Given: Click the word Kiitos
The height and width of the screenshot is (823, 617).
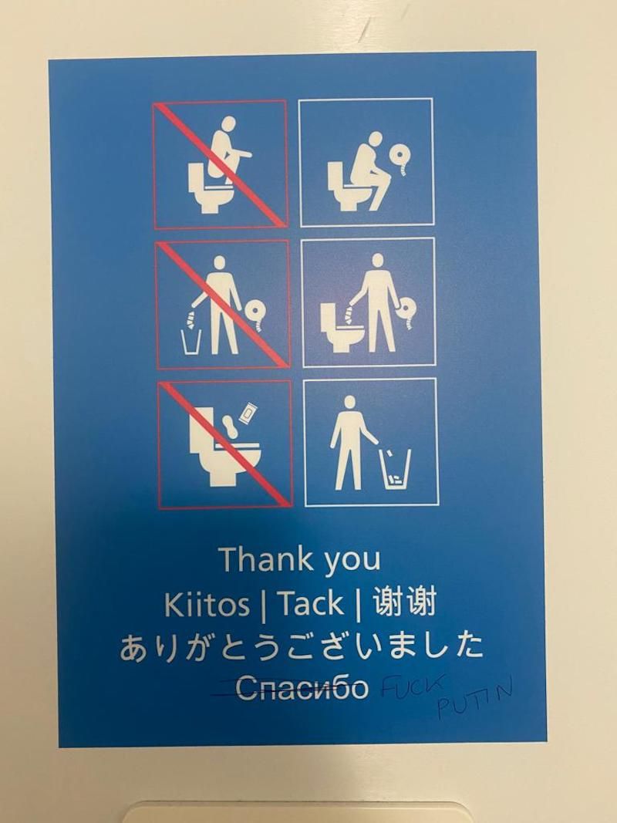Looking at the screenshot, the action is click(x=207, y=605).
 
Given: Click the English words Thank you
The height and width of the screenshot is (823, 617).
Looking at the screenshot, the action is click(x=299, y=559).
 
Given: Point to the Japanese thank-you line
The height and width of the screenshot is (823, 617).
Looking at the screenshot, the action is click(x=301, y=646).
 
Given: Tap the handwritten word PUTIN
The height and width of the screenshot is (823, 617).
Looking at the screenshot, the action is click(x=475, y=698).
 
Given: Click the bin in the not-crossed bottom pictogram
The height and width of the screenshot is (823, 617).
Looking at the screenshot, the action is click(x=397, y=469).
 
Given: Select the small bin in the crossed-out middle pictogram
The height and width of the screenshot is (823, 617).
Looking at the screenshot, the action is click(x=190, y=342).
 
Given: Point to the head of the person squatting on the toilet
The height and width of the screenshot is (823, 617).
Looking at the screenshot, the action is click(x=228, y=124).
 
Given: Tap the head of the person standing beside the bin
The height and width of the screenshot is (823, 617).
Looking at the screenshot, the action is click(x=349, y=403).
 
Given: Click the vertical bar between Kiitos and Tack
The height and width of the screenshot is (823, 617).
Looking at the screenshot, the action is click(x=263, y=605).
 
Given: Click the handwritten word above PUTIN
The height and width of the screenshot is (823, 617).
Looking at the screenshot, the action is click(x=413, y=686).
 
